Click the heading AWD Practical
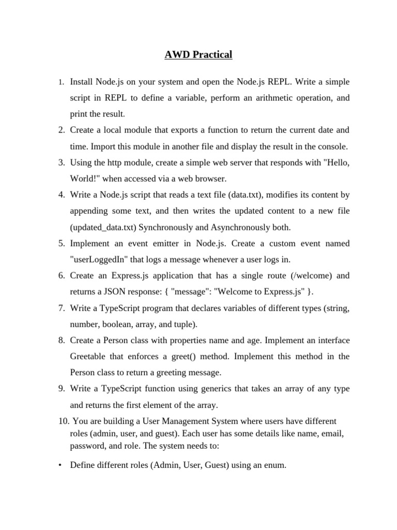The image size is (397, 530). [198, 55]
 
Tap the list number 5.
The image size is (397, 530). [60, 243]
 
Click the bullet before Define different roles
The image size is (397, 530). [60, 465]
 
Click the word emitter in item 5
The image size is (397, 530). [165, 243]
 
